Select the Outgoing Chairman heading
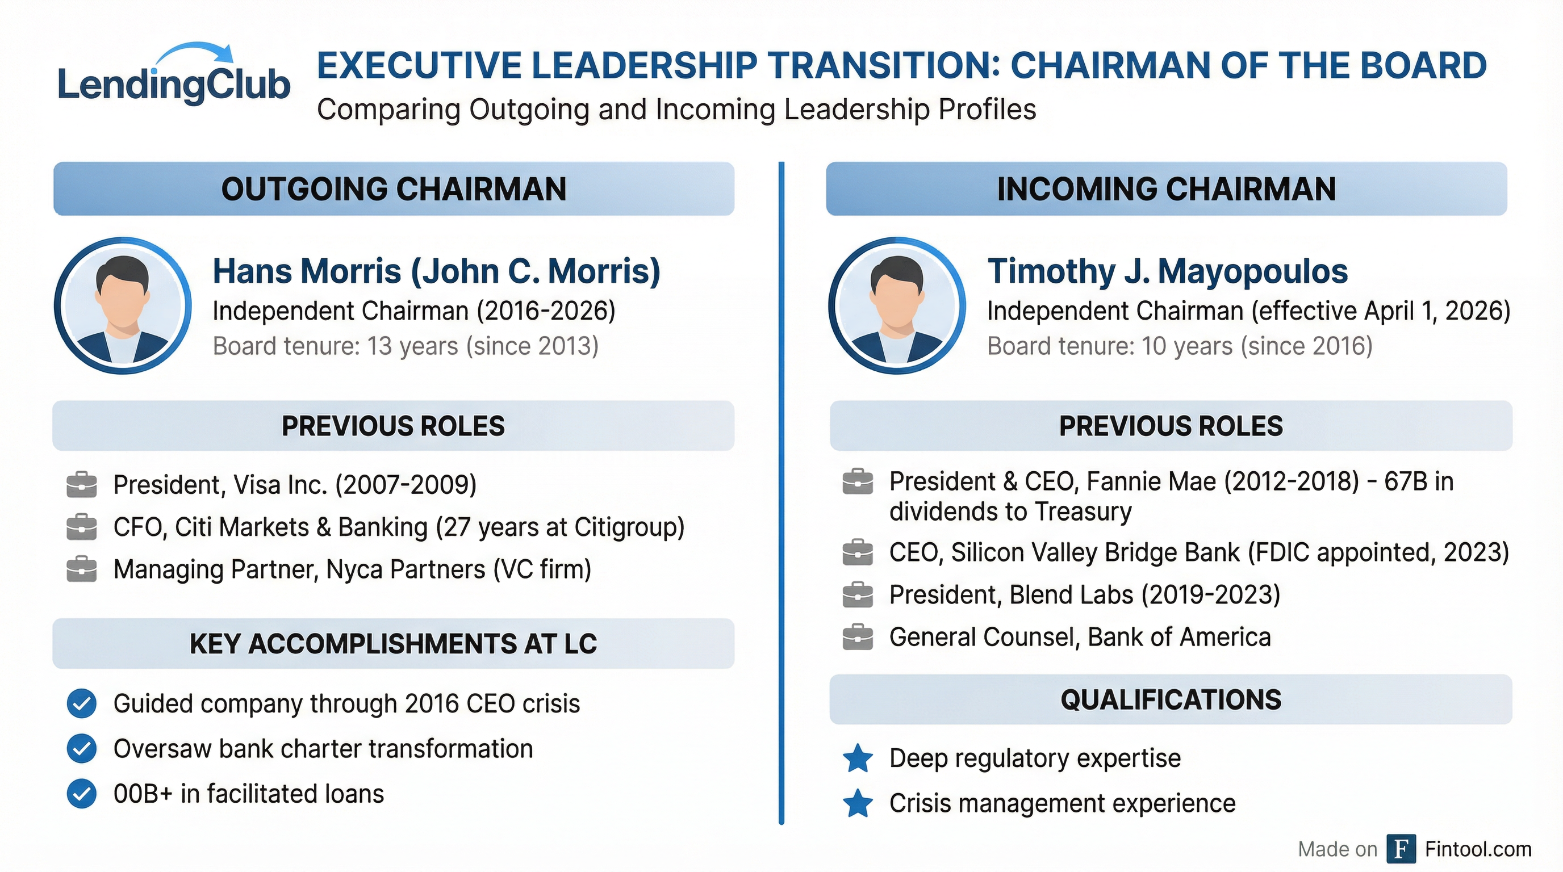coord(394,188)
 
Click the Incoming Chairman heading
coord(1166,188)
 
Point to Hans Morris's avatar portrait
coord(123,305)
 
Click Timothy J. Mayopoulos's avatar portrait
coord(897,305)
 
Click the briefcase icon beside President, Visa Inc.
coord(81,484)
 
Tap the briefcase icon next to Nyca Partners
coord(81,569)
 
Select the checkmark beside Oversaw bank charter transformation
coord(81,749)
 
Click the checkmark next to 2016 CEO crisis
coord(81,704)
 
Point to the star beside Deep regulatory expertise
coord(858,758)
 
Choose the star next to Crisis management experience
coord(858,803)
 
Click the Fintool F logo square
coord(1401,849)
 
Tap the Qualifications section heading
coord(1171,700)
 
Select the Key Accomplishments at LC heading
coord(393,644)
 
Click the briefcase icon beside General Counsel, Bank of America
coord(858,638)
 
